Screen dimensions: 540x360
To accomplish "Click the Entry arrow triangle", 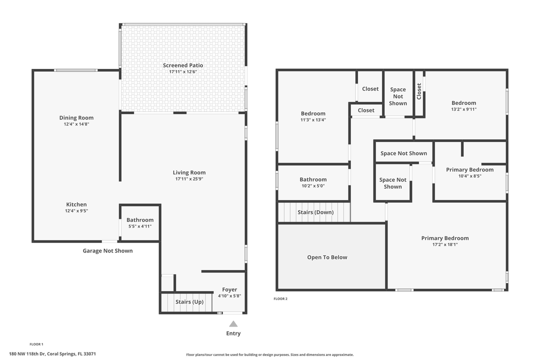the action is [x=233, y=324].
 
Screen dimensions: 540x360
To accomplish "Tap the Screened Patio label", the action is [x=183, y=65].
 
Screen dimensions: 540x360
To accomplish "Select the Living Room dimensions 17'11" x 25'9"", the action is [x=189, y=179].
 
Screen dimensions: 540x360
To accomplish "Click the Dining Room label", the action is [x=76, y=118].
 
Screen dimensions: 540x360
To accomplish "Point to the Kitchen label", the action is [x=76, y=204].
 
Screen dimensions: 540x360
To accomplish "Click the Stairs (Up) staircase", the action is [x=186, y=302].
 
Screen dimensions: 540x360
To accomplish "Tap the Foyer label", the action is [x=229, y=289].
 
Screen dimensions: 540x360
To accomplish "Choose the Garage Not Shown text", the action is [x=107, y=251].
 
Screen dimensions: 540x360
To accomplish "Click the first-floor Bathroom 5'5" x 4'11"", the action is [x=140, y=222].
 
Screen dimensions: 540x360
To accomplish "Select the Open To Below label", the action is [x=327, y=257].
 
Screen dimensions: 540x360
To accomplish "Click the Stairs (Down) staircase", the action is [x=314, y=212].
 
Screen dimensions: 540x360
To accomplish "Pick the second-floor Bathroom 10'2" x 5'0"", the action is [x=313, y=182].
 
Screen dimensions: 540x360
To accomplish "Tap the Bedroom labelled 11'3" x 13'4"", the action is [x=313, y=116].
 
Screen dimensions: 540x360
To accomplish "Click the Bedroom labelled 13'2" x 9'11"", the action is [x=464, y=106].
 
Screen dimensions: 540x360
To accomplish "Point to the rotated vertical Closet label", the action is [x=419, y=91].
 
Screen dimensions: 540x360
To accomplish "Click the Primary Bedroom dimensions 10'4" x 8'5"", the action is [x=469, y=176].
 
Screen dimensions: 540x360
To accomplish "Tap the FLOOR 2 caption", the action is [x=280, y=298].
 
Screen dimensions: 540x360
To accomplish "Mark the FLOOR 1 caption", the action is [x=36, y=344].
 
